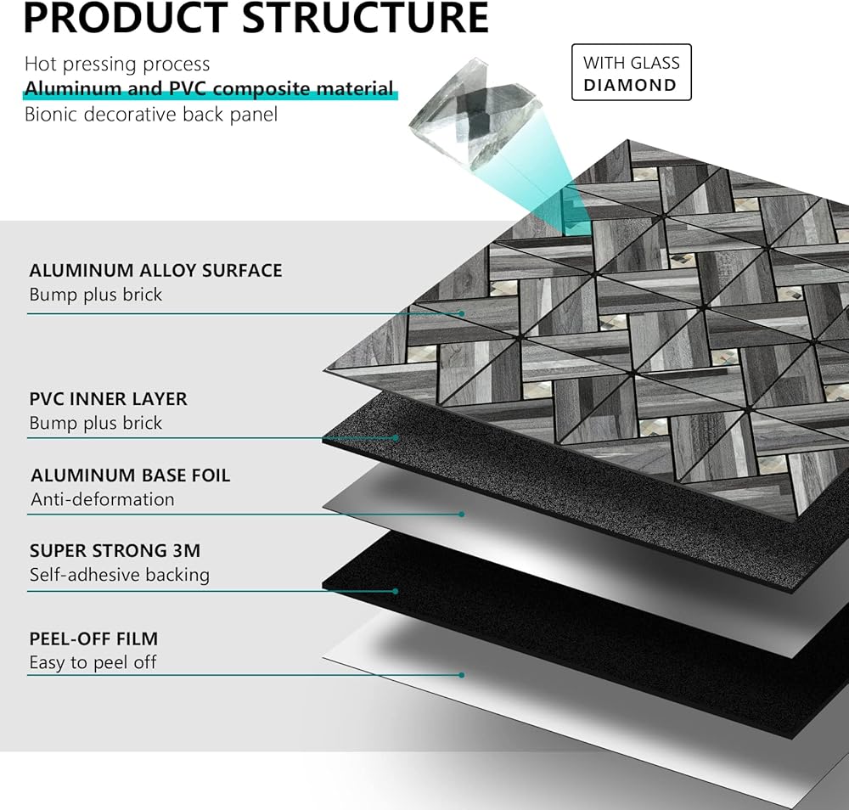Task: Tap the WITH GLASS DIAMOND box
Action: click(631, 74)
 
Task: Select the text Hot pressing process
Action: click(117, 64)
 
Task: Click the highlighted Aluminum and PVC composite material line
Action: click(209, 88)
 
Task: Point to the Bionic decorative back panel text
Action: click(150, 114)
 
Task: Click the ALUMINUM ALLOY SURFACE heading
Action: click(155, 271)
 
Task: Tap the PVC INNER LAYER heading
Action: click(108, 398)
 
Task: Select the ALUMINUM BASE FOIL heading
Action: click(130, 475)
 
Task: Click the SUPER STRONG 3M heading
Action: click(115, 550)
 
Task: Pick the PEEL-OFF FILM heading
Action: click(93, 638)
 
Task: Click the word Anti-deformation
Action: click(103, 499)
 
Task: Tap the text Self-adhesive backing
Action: click(119, 575)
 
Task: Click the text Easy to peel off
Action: click(93, 662)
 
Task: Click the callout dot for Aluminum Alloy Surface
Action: click(463, 314)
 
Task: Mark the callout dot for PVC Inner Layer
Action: click(396, 438)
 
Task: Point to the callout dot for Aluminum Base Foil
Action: click(462, 514)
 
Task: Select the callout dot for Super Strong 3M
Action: click(396, 590)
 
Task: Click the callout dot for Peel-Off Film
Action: click(462, 675)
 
